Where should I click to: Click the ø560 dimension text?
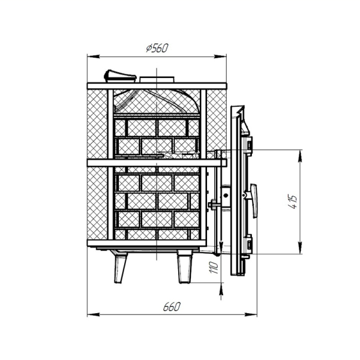(x=157, y=48)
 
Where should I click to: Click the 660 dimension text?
(x=172, y=307)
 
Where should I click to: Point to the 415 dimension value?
(x=293, y=202)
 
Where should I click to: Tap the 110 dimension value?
(x=214, y=267)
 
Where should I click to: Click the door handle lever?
(x=254, y=200)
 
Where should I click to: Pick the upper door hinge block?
(x=249, y=145)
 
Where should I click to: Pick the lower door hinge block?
(x=249, y=244)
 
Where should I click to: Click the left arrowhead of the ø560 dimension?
(x=93, y=56)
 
